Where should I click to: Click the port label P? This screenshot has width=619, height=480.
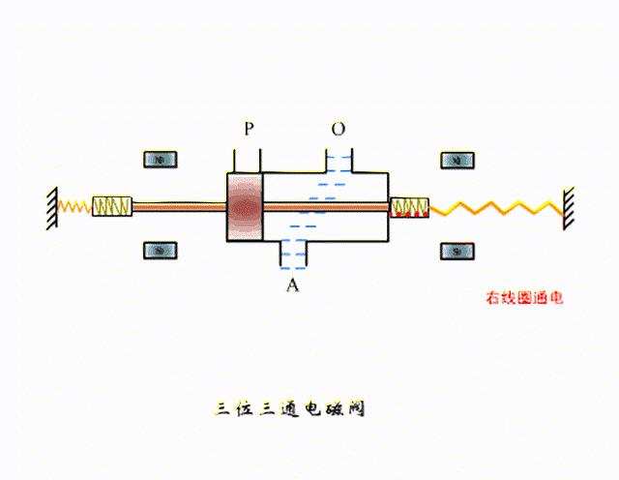click(249, 129)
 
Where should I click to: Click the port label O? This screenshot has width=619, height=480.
click(338, 129)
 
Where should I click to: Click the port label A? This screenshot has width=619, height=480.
click(292, 285)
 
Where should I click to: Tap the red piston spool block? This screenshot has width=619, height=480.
click(244, 207)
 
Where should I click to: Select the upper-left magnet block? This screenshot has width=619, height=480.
click(161, 160)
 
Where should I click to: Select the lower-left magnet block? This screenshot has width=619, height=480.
click(161, 251)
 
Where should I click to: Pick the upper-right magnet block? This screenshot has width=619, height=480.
click(457, 160)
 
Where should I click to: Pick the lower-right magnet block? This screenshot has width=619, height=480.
click(457, 251)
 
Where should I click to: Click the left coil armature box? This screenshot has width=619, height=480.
click(112, 206)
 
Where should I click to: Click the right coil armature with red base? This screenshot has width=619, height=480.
click(409, 206)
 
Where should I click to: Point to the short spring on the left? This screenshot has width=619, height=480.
click(74, 206)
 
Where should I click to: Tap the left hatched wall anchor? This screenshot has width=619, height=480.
click(48, 206)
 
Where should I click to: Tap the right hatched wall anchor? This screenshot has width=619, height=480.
click(571, 206)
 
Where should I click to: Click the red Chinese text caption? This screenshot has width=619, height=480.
click(523, 297)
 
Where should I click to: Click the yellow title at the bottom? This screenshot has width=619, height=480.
click(289, 409)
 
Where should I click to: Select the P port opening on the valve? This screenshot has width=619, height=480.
click(246, 160)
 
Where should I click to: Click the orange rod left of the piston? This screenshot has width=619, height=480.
click(179, 206)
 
